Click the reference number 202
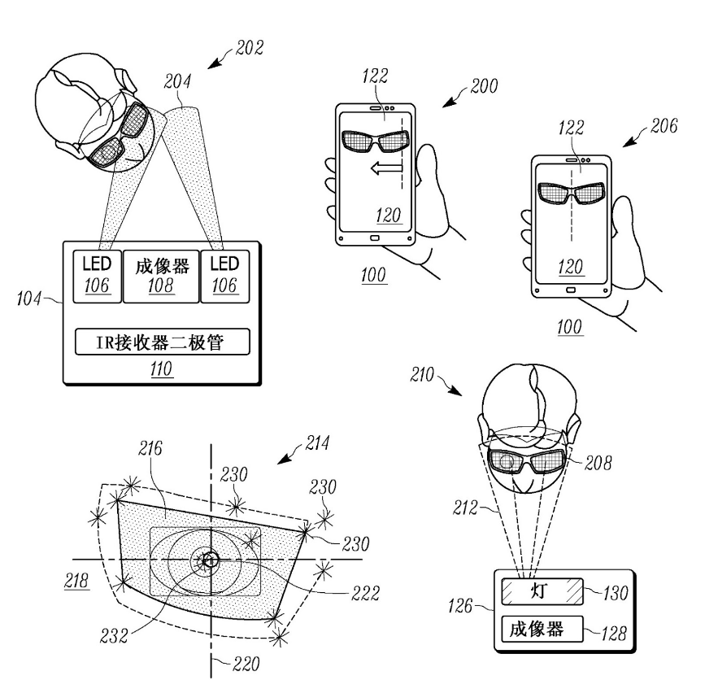click(250, 48)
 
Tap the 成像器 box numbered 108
click(162, 276)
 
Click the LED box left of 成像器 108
click(97, 276)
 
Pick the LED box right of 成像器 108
click(225, 276)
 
